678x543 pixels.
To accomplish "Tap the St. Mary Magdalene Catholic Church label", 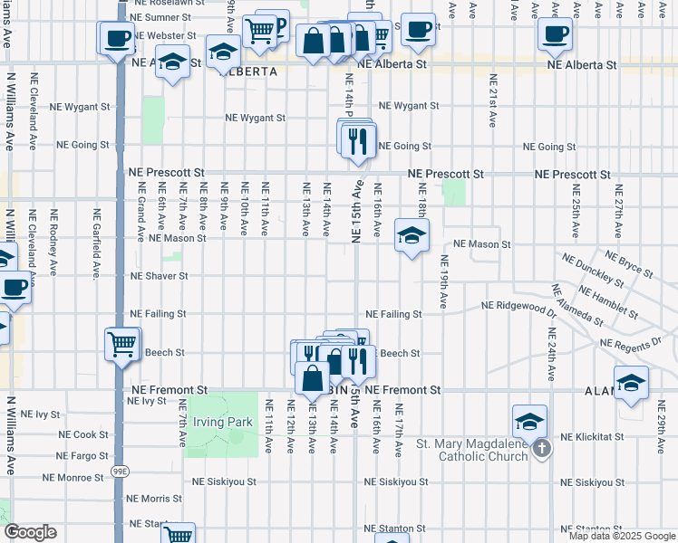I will [471, 450].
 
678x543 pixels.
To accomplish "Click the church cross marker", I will [541, 448].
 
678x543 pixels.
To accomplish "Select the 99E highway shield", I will [120, 472].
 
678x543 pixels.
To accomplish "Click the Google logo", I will [30, 532].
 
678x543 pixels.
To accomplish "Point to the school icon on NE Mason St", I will [412, 237].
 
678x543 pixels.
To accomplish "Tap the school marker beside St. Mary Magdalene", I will [529, 421].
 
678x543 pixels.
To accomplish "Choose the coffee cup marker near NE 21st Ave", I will [554, 34].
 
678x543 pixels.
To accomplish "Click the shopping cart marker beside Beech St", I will [121, 343].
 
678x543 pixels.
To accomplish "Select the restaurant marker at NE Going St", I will [357, 140].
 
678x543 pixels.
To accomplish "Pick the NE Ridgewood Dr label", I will [518, 307].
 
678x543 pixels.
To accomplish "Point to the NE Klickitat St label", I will [593, 436].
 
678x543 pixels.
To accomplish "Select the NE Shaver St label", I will [160, 276].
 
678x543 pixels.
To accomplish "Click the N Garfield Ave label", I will [96, 243].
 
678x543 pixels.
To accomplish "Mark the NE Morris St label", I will [154, 499].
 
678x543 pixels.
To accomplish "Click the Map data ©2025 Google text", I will [622, 536].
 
